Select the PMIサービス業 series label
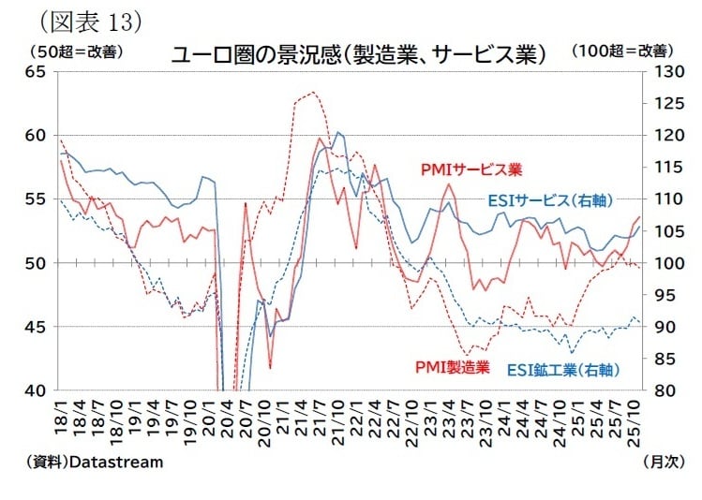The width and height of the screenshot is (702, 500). click(470, 169)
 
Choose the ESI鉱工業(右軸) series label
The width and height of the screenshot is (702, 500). click(563, 370)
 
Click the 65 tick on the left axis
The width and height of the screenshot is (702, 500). click(37, 72)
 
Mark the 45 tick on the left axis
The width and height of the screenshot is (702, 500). click(37, 327)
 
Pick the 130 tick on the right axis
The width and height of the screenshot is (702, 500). click(662, 72)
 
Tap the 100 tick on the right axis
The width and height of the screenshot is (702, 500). click(662, 263)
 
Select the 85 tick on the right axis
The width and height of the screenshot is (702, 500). click(662, 359)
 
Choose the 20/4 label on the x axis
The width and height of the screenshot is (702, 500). click(228, 416)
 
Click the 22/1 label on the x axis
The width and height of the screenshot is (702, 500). click(355, 416)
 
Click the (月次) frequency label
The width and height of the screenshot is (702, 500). click(665, 462)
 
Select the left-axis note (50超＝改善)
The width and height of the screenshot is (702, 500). click(76, 51)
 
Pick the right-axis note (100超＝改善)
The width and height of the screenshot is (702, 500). click(621, 51)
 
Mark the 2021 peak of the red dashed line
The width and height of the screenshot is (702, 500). click(313, 92)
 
